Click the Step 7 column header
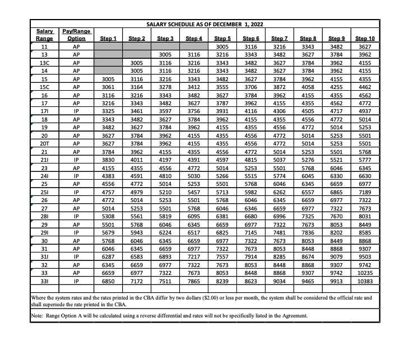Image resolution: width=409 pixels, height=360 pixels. pos(279,38)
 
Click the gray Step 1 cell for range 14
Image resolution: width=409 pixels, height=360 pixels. pos(108,71)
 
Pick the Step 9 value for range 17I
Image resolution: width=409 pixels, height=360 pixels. pos(337,111)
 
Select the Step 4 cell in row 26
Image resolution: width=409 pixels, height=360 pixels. pos(193,199)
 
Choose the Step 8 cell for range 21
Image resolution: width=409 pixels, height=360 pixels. pos(308,151)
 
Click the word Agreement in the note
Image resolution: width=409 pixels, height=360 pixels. pos(292,316)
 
